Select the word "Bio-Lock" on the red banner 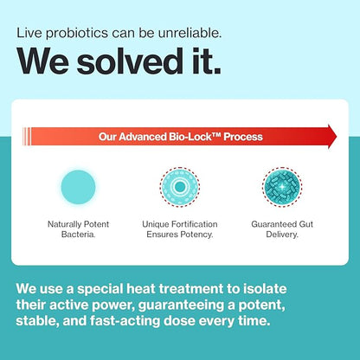point(202,137)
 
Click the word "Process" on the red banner point(243,137)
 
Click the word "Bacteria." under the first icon point(78,234)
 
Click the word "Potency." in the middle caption point(198,234)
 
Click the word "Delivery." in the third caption point(282,234)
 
